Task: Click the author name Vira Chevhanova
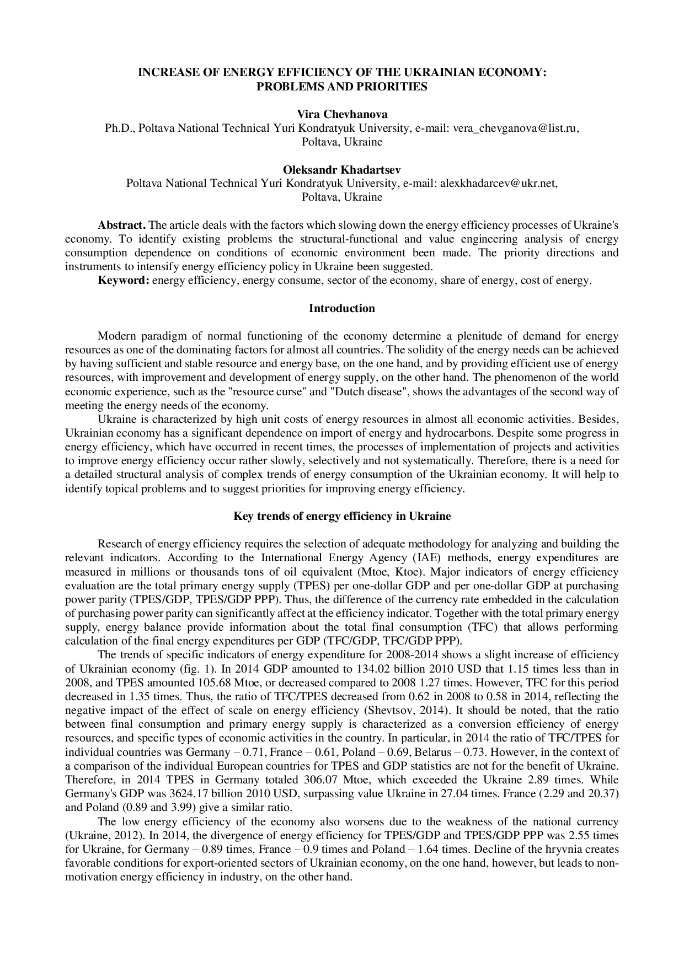342,114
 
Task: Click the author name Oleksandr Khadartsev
342,169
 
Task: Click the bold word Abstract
121,225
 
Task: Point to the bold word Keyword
124,281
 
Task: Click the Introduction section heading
342,308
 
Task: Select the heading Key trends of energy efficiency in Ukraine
342,517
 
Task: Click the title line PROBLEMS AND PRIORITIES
342,87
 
